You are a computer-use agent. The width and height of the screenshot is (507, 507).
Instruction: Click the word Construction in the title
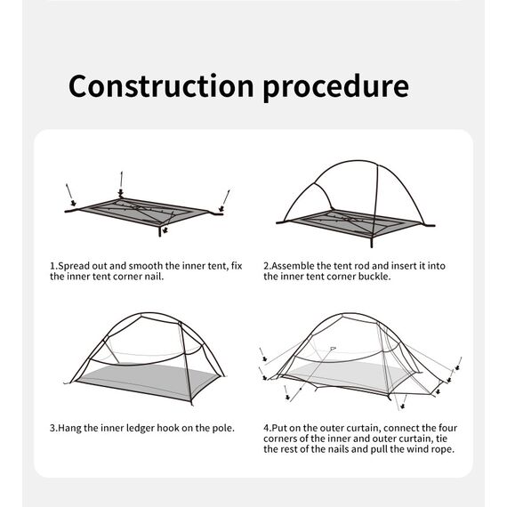pos(161,85)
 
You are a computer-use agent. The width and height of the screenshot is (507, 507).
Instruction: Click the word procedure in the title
pos(335,88)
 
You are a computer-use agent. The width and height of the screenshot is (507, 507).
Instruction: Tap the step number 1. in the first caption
pos(53,266)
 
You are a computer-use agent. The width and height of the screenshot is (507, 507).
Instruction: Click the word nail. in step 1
pos(154,277)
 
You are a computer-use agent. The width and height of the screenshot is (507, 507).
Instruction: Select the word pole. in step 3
pos(223,428)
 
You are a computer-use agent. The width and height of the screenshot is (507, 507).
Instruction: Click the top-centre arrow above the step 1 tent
pos(121,183)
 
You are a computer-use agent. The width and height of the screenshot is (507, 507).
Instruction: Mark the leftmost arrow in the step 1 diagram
pos(70,195)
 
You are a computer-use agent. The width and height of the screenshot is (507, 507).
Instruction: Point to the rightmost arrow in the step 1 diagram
pos(225,201)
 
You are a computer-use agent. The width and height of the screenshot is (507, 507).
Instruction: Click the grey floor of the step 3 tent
pos(147,382)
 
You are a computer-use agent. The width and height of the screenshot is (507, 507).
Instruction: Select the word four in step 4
pos(448,428)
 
